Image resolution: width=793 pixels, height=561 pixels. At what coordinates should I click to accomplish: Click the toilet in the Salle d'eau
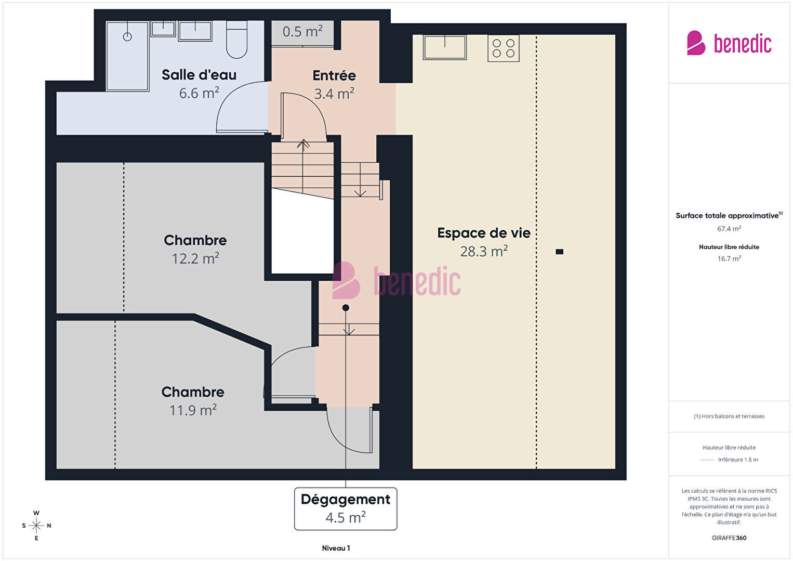pos(236,40)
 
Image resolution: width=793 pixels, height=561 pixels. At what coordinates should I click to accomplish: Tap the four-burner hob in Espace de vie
pos(503,48)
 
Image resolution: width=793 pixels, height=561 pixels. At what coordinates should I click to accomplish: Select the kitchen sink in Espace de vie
pos(445,47)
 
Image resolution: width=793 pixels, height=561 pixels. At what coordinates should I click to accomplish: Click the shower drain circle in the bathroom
pos(127,36)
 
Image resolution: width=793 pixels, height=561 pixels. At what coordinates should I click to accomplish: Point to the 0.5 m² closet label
pos(302,32)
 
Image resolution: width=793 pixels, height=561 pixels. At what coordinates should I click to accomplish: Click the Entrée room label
pos(334,75)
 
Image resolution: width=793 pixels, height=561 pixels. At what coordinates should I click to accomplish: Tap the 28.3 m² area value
pos(484,251)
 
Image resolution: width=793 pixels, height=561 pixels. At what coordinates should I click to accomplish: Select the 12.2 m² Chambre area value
pos(195,258)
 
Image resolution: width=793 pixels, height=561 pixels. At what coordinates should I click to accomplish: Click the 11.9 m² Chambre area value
pos(193,410)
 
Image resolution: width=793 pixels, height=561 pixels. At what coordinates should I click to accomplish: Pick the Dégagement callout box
pos(346,508)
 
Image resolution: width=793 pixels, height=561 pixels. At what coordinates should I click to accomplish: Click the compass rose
pos(36,526)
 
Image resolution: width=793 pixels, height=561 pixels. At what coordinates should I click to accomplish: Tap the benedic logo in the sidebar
pos(729,43)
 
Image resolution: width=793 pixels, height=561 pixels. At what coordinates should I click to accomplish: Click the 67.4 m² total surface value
pos(729,229)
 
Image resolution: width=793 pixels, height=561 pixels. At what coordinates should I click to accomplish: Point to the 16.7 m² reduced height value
pos(729,258)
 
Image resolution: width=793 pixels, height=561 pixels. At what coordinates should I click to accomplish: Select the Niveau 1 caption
pos(336,548)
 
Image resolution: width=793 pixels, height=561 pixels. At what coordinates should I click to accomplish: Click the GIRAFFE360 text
pos(729,538)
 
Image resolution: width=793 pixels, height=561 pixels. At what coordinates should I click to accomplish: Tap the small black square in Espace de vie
pos(559,252)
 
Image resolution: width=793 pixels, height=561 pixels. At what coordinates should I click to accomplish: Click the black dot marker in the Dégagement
pos(346,308)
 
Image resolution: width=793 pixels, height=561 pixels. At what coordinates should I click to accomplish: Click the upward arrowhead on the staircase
pos(303,143)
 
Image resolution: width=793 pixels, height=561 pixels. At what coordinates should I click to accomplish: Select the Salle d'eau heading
pos(199,75)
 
